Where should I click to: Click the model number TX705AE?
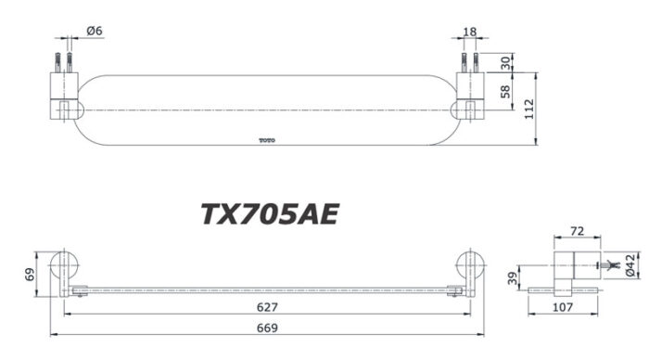(270, 214)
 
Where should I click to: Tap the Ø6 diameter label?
(95, 31)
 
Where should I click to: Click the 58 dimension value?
(505, 92)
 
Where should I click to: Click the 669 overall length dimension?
(267, 328)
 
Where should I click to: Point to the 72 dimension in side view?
(577, 229)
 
